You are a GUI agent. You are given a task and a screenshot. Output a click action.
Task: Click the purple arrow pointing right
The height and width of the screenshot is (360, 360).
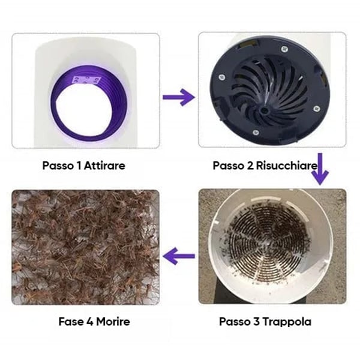(179, 96)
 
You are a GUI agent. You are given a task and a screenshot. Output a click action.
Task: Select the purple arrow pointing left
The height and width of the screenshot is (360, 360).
(179, 256)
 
